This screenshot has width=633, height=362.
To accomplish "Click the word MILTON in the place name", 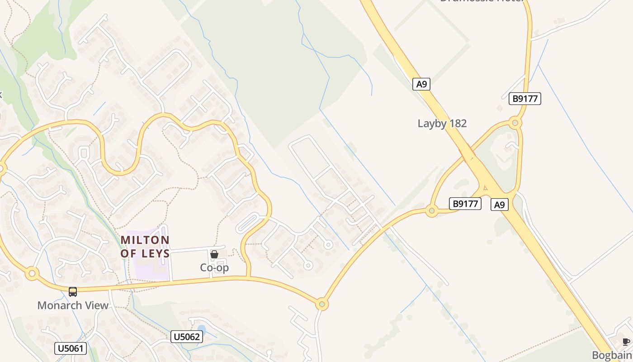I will click(x=145, y=240).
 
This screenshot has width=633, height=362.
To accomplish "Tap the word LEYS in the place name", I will click(x=156, y=253).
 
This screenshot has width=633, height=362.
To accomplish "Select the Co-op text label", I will click(x=214, y=267).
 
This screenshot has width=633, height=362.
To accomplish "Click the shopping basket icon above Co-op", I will click(x=214, y=254).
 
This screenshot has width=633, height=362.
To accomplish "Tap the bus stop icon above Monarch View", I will click(x=73, y=292).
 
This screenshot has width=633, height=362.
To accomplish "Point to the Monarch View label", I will click(x=73, y=305).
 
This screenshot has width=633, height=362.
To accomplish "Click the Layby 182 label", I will click(x=442, y=124).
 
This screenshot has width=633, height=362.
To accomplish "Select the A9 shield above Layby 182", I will click(x=421, y=84).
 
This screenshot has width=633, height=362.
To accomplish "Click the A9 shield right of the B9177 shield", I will click(x=499, y=205).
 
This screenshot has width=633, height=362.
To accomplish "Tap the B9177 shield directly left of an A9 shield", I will click(x=465, y=204).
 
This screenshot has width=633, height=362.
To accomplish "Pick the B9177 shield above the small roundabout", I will click(x=524, y=99).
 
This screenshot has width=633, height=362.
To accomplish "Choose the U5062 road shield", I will click(x=187, y=337).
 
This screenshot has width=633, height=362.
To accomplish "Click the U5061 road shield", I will click(x=70, y=348).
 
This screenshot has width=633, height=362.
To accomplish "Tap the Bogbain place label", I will click(x=612, y=355).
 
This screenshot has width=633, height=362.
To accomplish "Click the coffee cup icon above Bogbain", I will click(x=626, y=342).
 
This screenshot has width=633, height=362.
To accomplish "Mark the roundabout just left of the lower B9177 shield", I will click(x=432, y=210).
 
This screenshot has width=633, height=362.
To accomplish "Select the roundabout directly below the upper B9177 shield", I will click(x=515, y=122).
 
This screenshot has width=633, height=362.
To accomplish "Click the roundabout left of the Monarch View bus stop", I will click(x=31, y=273).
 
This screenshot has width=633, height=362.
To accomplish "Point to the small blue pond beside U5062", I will click(x=202, y=329).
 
